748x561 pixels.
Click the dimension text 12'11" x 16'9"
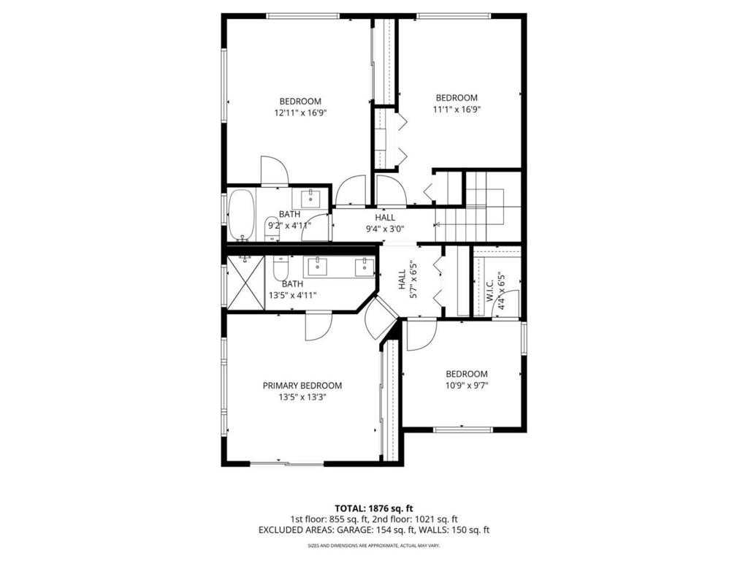pos(299,113)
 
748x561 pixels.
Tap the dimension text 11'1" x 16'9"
pos(457,110)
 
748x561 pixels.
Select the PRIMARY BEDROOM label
pos(302,386)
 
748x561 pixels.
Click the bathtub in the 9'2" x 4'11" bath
pos(240,215)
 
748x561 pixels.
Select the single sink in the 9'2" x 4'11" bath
pos(311,197)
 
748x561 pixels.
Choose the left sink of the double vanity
pos(318,266)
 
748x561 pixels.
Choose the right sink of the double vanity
pos(363,267)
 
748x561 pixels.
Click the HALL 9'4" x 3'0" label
pos(385,223)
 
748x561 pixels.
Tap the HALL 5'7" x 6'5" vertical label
pos(407,280)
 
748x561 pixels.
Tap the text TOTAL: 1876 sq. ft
pos(374,508)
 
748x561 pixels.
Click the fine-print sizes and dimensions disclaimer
pos(374,546)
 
